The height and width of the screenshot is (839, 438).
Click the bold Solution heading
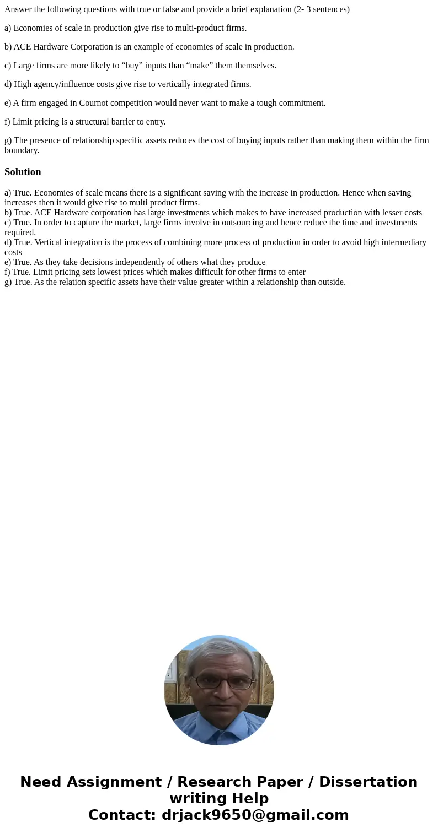tap(23, 172)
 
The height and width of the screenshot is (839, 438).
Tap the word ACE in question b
tap(23, 47)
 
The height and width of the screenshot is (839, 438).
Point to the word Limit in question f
tap(23, 122)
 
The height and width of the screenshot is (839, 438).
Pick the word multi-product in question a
tap(191, 28)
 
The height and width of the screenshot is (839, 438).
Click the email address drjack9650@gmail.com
tap(255, 815)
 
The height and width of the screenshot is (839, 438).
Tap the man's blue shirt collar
tap(219, 726)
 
